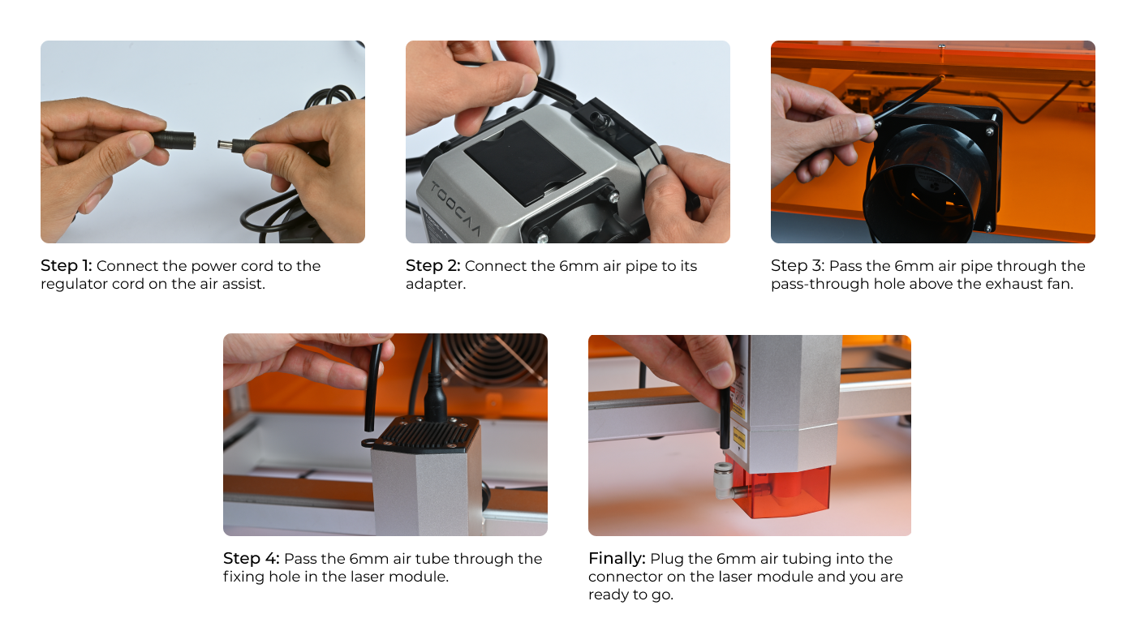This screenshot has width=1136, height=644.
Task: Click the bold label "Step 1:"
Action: [66, 266]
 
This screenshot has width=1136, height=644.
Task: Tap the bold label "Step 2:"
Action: [432, 266]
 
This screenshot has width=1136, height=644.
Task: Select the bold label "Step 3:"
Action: [798, 266]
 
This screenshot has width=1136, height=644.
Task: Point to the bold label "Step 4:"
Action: [251, 558]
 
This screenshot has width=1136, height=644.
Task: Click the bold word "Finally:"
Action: [617, 559]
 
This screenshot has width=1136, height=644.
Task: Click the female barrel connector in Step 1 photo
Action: [174, 140]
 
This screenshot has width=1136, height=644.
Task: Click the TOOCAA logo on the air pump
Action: [455, 208]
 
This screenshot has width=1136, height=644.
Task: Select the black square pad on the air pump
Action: [524, 162]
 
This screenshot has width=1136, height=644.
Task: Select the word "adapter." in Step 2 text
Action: [436, 285]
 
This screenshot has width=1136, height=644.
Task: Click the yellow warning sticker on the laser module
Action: [739, 437]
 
